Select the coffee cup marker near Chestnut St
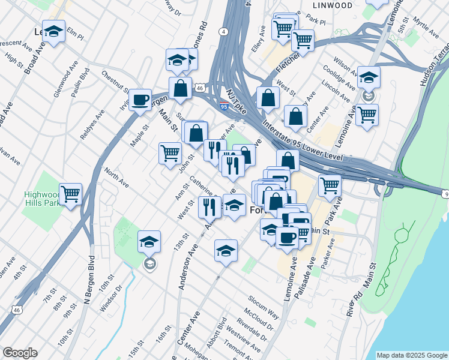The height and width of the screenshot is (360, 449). tap(140, 100)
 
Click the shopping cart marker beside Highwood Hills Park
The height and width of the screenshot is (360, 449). tap(71, 194)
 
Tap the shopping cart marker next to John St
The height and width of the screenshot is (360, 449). tap(170, 153)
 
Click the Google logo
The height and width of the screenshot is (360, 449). tap(20, 353)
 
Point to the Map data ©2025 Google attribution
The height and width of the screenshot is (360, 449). tap(411, 355)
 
